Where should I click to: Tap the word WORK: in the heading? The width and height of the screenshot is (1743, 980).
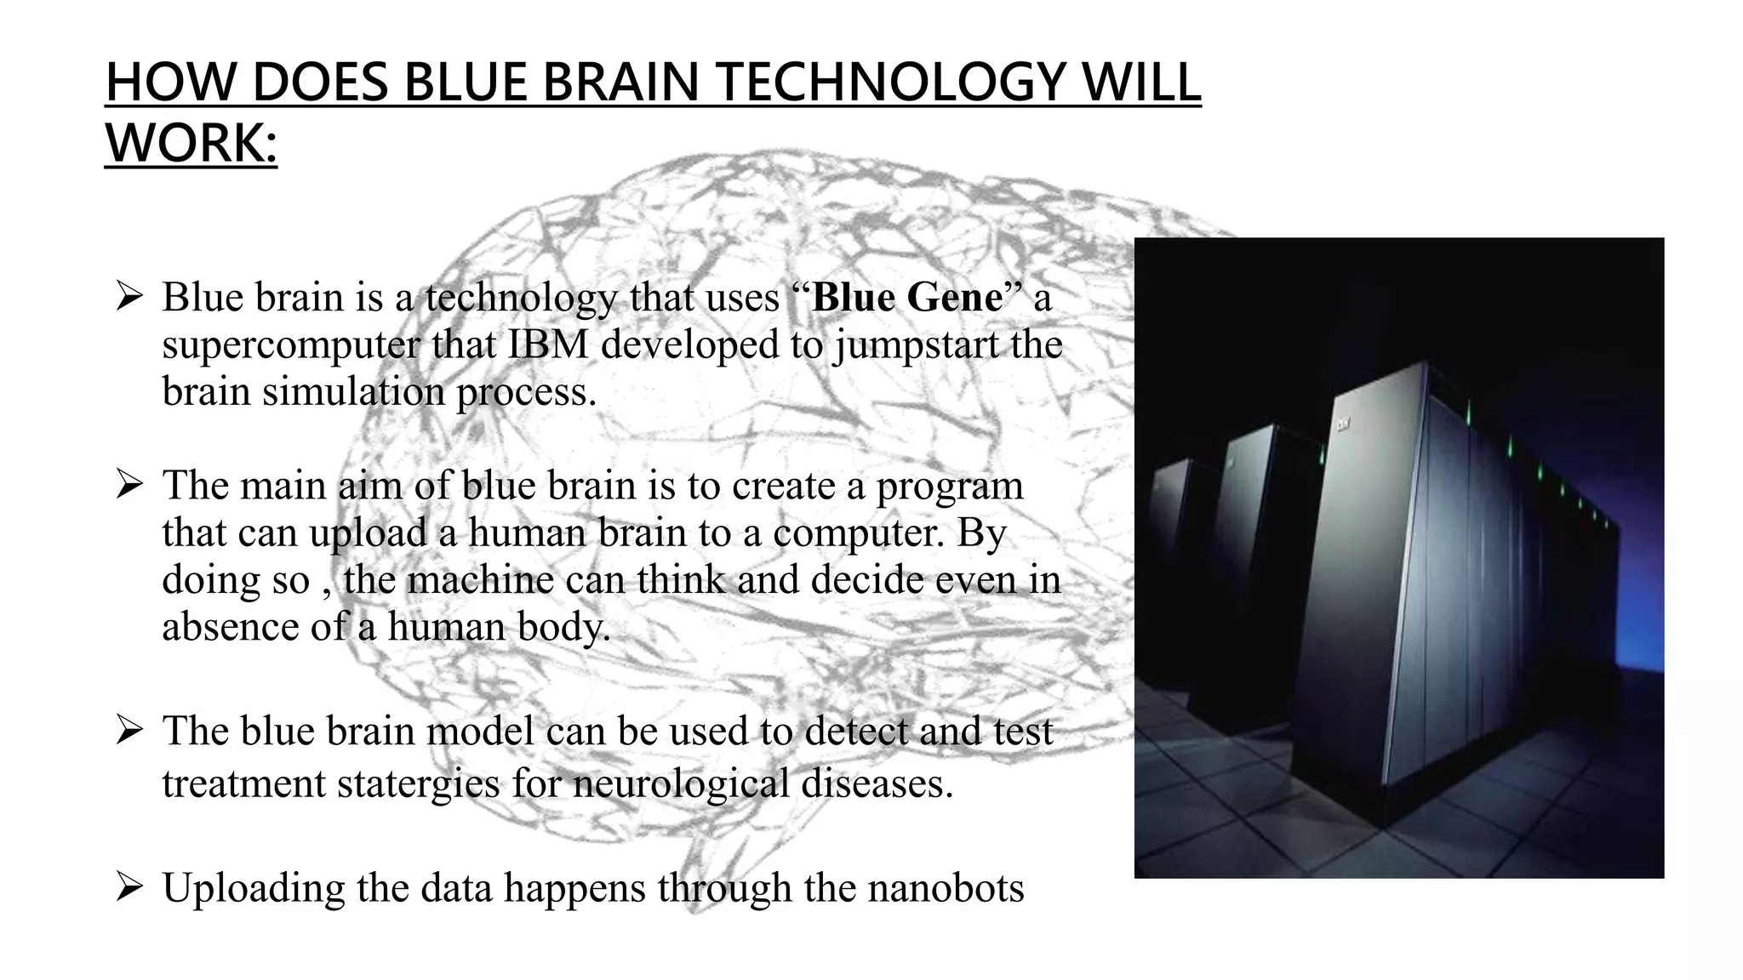(x=191, y=143)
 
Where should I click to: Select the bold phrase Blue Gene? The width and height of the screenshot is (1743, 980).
(x=907, y=298)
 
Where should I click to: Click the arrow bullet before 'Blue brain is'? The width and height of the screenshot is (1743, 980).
(x=129, y=298)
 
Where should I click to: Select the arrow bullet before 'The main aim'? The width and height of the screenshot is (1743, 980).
(x=129, y=486)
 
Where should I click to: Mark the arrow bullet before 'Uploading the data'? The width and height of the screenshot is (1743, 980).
(x=129, y=888)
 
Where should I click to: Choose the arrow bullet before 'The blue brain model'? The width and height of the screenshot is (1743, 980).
(x=129, y=731)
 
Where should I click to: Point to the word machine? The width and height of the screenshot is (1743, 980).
(x=481, y=580)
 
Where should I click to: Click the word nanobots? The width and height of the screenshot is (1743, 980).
(x=946, y=888)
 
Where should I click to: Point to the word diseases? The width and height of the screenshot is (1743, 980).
(x=877, y=783)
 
